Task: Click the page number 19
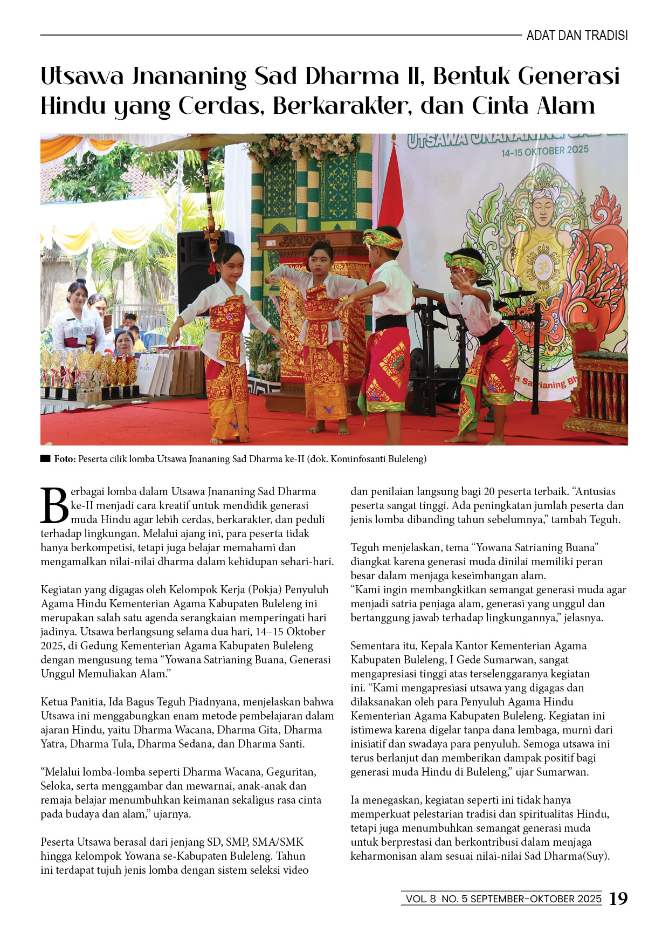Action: click(x=618, y=899)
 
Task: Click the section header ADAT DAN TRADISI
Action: click(x=577, y=36)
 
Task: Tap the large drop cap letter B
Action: click(x=54, y=505)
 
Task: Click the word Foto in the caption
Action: click(x=64, y=459)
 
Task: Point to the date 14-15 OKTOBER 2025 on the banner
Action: click(x=544, y=150)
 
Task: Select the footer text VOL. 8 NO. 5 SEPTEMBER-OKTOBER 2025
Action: click(x=503, y=899)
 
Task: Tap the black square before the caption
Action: click(x=45, y=459)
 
